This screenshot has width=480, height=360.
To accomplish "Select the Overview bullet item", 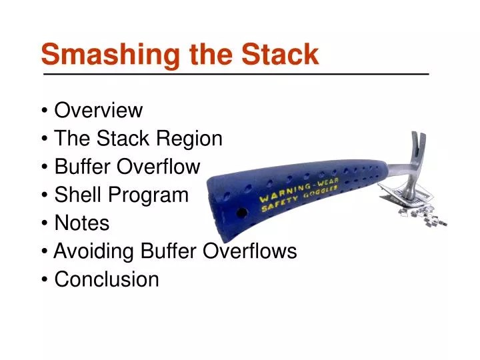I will [x=98, y=109].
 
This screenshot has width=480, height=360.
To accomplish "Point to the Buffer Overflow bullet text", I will [x=127, y=167].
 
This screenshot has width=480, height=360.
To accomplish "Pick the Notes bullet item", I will [x=81, y=223].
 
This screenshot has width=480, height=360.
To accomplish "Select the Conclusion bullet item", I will [x=106, y=279].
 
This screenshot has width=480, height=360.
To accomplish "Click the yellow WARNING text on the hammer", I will [x=283, y=195].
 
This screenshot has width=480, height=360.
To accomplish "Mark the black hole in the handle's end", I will [x=242, y=213].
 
